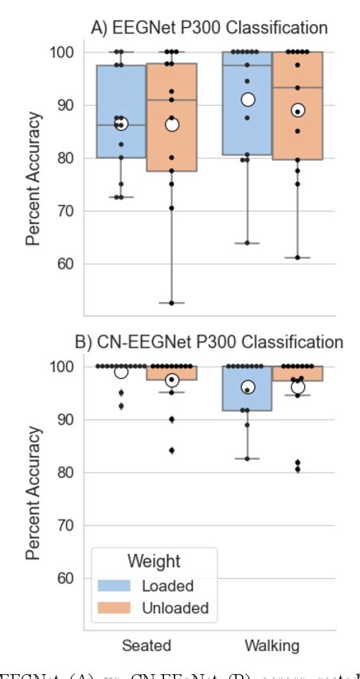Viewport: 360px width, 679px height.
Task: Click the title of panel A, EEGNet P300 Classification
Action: pos(209,28)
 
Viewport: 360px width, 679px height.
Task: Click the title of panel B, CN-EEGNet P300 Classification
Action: pos(209,343)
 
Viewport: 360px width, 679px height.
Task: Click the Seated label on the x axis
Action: pos(147,644)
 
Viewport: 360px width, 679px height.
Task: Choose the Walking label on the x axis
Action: pos(272,644)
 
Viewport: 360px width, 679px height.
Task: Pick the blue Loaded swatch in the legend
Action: pos(115,586)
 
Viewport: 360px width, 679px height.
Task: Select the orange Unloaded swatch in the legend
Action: pos(115,608)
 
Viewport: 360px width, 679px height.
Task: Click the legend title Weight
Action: pos(152,561)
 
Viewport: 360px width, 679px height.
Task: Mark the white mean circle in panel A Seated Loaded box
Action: pos(121,124)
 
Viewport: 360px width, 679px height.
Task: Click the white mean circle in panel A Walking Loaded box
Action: pos(248,100)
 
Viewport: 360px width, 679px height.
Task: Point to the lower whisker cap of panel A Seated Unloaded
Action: pos(171,303)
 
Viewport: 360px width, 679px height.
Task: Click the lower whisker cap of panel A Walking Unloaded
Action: pos(297,257)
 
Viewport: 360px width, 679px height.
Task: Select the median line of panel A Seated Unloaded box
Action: pos(171,100)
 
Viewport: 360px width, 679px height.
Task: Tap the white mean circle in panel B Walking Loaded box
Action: pos(248,387)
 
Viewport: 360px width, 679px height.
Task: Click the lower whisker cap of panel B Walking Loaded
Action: pos(248,458)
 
